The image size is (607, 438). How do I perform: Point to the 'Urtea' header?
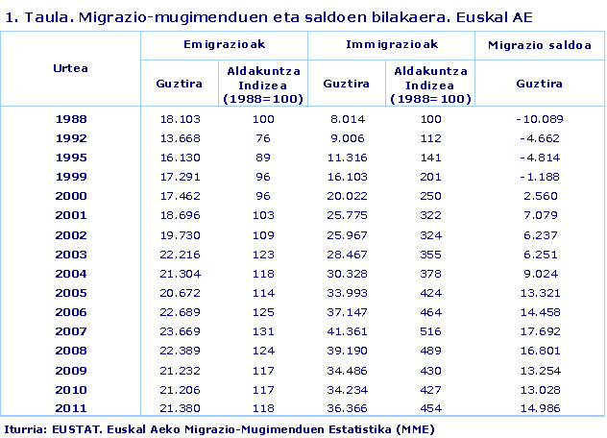click(70, 68)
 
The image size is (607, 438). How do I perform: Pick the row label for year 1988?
click(70, 119)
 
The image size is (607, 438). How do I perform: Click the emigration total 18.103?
click(179, 119)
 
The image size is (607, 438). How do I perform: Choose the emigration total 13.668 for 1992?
click(179, 136)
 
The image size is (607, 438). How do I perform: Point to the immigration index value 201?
click(430, 177)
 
